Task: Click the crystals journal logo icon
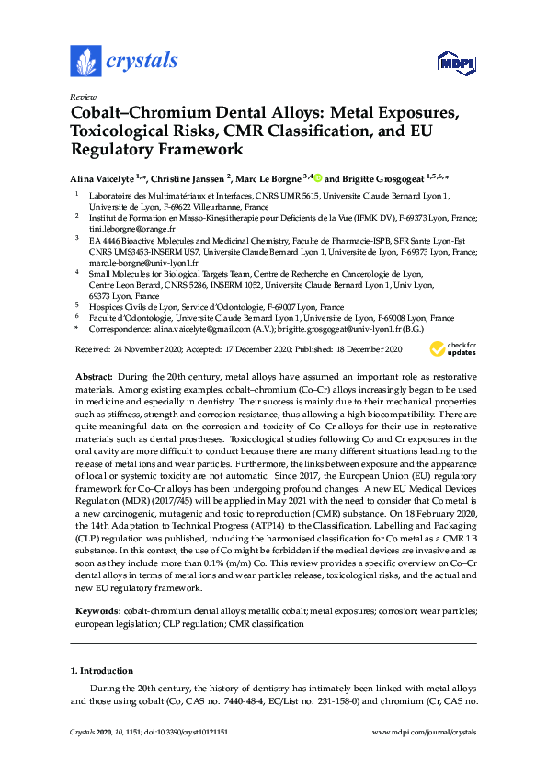tap(85, 62)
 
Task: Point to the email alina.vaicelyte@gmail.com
tap(202, 328)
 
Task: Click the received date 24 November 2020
tap(147, 349)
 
